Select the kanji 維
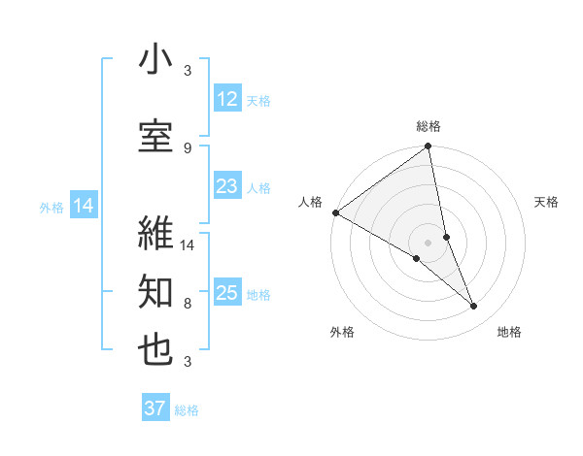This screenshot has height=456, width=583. click(155, 233)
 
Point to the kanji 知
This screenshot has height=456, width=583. click(155, 292)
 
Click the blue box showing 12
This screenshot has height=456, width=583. click(227, 99)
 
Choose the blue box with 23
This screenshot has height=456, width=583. click(227, 186)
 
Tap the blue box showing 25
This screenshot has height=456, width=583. click(227, 293)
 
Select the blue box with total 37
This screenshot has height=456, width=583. click(155, 408)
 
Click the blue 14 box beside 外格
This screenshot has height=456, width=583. click(84, 206)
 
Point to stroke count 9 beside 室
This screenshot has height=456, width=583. click(188, 147)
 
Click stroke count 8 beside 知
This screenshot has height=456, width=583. click(188, 304)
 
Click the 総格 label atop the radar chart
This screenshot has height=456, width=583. click(429, 126)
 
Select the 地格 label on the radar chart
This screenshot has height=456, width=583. click(509, 333)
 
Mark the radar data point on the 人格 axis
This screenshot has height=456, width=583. click(335, 212)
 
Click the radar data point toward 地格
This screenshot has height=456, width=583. click(474, 307)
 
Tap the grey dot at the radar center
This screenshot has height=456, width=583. click(428, 242)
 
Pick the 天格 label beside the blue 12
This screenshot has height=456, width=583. click(258, 100)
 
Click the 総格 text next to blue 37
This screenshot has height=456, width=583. click(187, 410)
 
